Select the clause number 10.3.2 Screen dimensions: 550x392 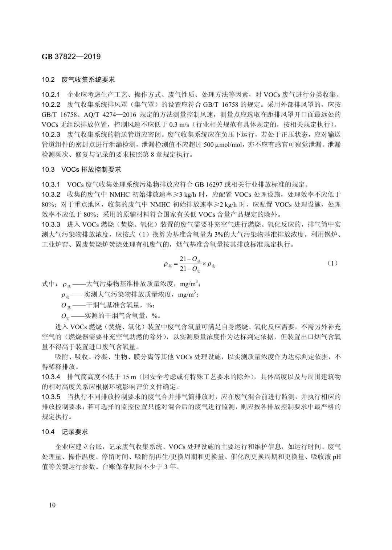[x=51, y=194]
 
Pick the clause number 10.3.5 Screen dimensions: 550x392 [x=51, y=396]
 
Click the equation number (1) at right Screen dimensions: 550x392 [x=332, y=263]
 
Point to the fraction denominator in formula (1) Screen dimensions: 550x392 [x=190, y=269]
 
